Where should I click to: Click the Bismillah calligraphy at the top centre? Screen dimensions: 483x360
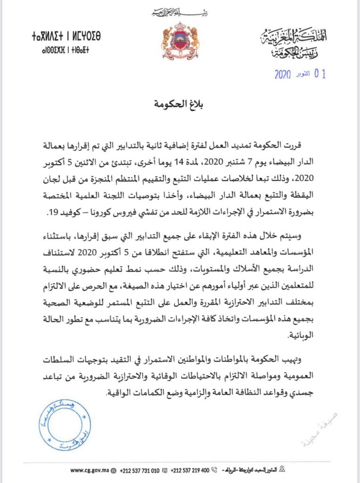[x=180, y=11]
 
